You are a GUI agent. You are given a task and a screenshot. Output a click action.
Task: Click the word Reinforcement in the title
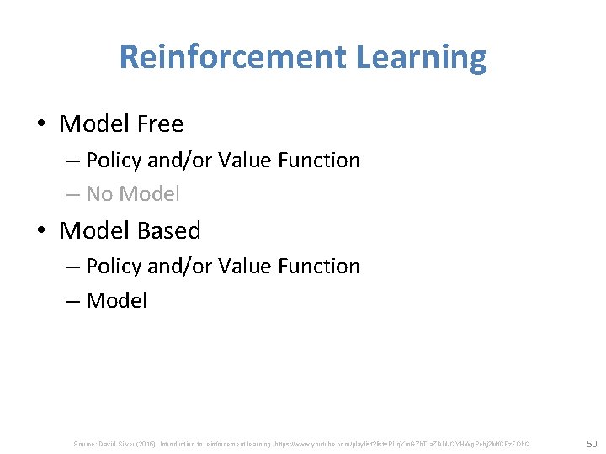pyautogui.click(x=232, y=57)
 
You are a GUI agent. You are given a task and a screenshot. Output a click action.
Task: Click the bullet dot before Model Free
pyautogui.click(x=41, y=125)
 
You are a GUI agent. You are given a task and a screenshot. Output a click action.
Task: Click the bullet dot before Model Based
pyautogui.click(x=41, y=231)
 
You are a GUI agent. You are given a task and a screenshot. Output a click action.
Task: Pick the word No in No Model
pyautogui.click(x=99, y=194)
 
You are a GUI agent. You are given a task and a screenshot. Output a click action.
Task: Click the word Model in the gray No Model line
pyautogui.click(x=149, y=194)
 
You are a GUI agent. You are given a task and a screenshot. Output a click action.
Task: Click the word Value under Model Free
pyautogui.click(x=244, y=160)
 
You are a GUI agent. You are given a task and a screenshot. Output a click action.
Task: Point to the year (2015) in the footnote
pyautogui.click(x=155, y=443)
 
